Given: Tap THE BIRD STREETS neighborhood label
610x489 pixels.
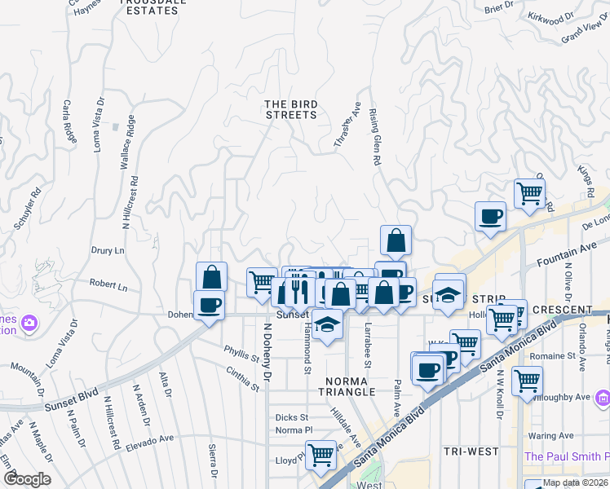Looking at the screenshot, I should (290, 109).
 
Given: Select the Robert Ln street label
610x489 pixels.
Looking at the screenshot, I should (108, 287).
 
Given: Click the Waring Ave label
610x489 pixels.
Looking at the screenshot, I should (565, 436).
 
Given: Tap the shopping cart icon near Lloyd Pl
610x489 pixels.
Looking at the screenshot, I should (320, 453).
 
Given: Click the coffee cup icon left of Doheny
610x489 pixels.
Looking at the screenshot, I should (209, 305).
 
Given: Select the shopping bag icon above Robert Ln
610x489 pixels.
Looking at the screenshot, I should (212, 276).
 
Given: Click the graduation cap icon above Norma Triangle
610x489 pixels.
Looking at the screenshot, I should (327, 325).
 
